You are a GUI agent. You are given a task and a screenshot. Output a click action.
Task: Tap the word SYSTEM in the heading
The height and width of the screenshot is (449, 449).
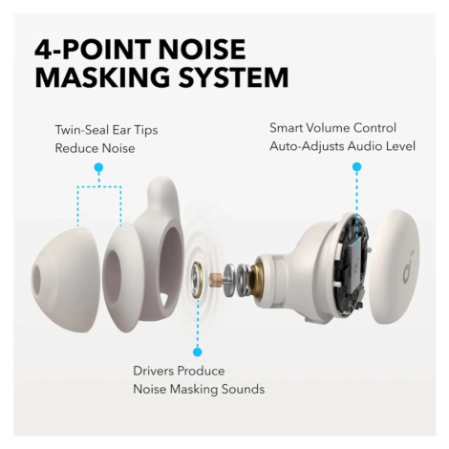click(x=233, y=76)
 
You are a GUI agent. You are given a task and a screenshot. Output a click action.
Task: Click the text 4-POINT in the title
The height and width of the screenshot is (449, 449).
click(x=93, y=50)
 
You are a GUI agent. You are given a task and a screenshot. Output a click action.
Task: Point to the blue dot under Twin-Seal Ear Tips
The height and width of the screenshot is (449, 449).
click(x=99, y=167)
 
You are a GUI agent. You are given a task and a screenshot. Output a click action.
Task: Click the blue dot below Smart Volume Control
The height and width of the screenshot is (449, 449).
click(x=356, y=166)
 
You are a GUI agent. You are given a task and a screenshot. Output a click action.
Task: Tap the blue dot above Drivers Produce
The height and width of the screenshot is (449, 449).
click(x=198, y=352)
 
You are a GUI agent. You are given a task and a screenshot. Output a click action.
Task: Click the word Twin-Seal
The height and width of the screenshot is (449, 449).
click(x=82, y=130)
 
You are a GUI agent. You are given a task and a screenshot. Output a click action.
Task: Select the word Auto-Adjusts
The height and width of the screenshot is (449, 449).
click(x=307, y=146)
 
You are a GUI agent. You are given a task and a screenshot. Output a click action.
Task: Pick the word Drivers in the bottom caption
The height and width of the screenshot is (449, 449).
click(x=154, y=371)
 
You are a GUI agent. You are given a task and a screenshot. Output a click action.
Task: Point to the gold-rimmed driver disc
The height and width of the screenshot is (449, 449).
click(x=198, y=280)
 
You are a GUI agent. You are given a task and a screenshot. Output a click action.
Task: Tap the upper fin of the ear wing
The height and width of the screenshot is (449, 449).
click(x=163, y=195)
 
